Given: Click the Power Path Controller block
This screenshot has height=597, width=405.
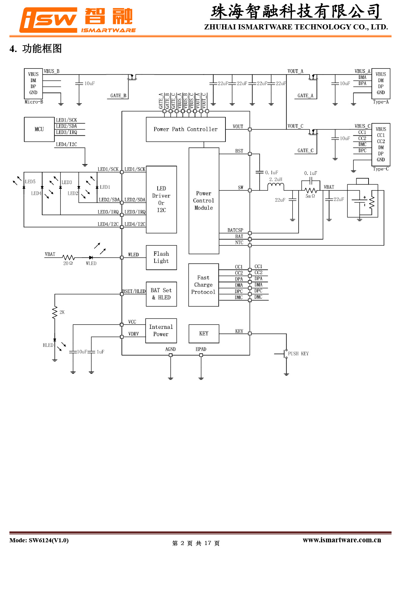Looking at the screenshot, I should tap(186, 129).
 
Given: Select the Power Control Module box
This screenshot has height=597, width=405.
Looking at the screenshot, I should tap(204, 201).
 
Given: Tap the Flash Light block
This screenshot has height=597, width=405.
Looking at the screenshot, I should tap(161, 257).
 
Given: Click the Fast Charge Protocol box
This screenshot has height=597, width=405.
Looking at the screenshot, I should tap(204, 285).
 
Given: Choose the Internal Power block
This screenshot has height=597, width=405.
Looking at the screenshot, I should tap(161, 331).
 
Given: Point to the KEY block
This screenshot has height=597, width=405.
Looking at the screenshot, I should tap(204, 334).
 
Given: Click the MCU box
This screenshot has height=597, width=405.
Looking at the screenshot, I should tap(39, 129).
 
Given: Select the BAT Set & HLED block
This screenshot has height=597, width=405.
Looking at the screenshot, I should tap(161, 294).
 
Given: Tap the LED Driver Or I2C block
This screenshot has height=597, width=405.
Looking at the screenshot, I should tap(161, 199).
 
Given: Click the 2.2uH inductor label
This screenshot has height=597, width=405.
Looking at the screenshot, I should tap(276, 179).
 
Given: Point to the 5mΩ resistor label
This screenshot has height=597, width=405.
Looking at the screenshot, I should tap(310, 196).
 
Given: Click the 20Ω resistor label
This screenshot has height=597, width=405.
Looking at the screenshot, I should tap(68, 263).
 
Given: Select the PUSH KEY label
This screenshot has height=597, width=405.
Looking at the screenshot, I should tap(298, 354).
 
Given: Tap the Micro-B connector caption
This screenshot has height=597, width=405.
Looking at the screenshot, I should tap(34, 102).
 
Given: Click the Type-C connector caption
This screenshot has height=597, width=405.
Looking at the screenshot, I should tap(381, 169).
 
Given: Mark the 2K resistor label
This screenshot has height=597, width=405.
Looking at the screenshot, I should tap(62, 312).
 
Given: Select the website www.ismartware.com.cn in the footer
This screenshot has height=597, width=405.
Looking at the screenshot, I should tap(342, 540).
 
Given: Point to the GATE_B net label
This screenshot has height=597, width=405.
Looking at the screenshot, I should tap(118, 96).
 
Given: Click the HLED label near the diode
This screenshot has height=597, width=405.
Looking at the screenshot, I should tap(48, 345).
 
